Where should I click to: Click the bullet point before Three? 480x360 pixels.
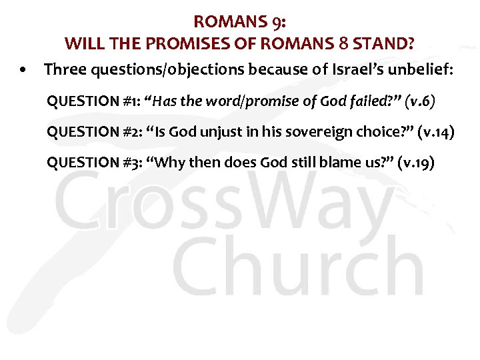coord(23,69)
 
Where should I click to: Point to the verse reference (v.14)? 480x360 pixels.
coord(436,132)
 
